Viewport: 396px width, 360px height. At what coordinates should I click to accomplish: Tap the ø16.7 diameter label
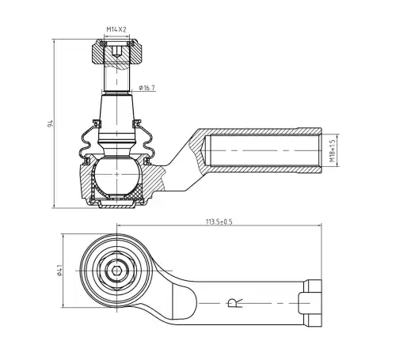click(x=147, y=88)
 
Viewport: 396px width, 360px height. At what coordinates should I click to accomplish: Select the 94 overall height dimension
click(x=51, y=123)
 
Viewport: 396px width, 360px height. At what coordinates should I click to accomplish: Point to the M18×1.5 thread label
click(x=332, y=150)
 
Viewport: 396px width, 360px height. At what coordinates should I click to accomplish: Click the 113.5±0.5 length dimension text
click(x=219, y=222)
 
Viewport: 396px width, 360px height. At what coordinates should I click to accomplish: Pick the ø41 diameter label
click(x=59, y=271)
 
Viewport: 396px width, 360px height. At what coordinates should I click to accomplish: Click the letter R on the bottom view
click(x=234, y=303)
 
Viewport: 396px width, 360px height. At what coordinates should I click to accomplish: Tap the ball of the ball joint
click(x=116, y=175)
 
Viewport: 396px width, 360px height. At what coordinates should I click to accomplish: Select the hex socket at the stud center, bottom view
click(x=116, y=271)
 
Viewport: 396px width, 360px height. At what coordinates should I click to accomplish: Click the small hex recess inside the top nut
click(x=116, y=51)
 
